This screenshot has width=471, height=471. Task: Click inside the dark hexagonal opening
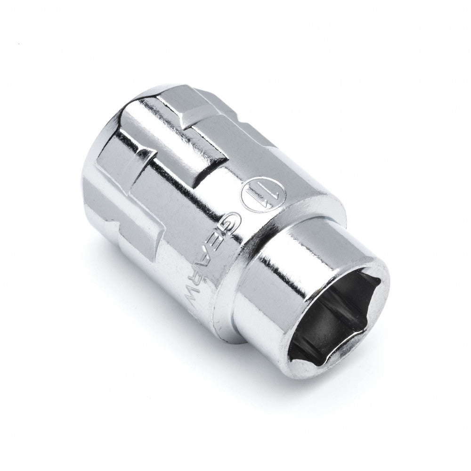click(x=330, y=316)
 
